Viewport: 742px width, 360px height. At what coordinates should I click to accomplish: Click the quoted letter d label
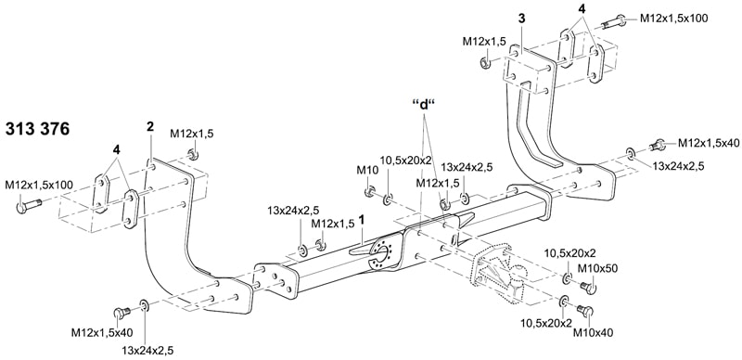pyautogui.click(x=423, y=104)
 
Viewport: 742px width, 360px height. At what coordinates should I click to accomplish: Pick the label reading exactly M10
pyautogui.click(x=368, y=171)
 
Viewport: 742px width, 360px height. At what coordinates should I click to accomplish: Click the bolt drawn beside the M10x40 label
pyautogui.click(x=584, y=312)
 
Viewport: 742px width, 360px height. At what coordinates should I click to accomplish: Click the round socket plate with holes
pyautogui.click(x=379, y=255)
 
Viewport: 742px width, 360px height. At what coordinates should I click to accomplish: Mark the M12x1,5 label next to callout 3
pyautogui.click(x=483, y=42)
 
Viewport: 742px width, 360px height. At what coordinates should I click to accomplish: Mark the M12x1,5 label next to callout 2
pyautogui.click(x=192, y=135)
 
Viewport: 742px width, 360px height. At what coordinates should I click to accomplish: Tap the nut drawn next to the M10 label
pyautogui.click(x=369, y=192)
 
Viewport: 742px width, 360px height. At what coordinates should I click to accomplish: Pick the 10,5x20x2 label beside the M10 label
pyautogui.click(x=406, y=160)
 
